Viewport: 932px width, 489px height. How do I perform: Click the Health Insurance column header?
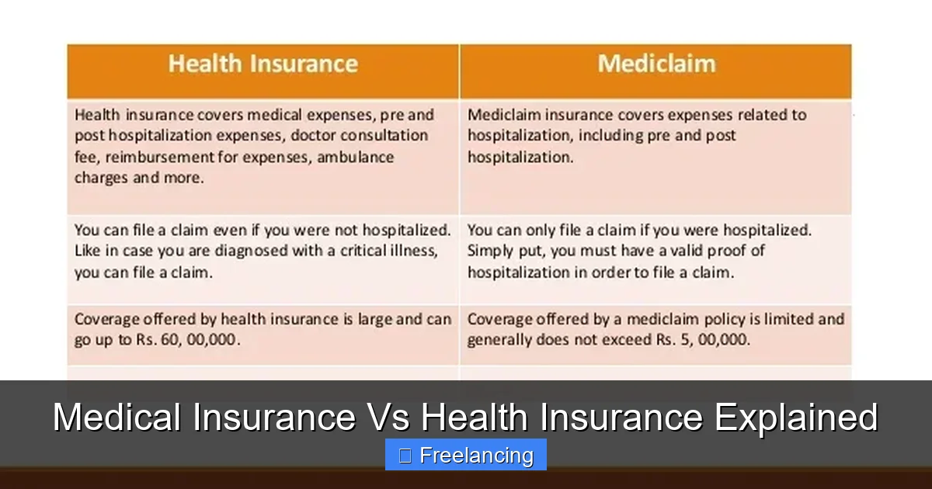[263, 64]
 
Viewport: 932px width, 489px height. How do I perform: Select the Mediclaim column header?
[656, 64]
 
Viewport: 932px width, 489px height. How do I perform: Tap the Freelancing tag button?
[466, 456]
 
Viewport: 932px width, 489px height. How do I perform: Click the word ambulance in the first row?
[360, 157]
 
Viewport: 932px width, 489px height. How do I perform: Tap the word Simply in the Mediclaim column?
[488, 251]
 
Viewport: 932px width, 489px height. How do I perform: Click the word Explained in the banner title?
[796, 418]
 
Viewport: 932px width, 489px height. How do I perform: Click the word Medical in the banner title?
[118, 418]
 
